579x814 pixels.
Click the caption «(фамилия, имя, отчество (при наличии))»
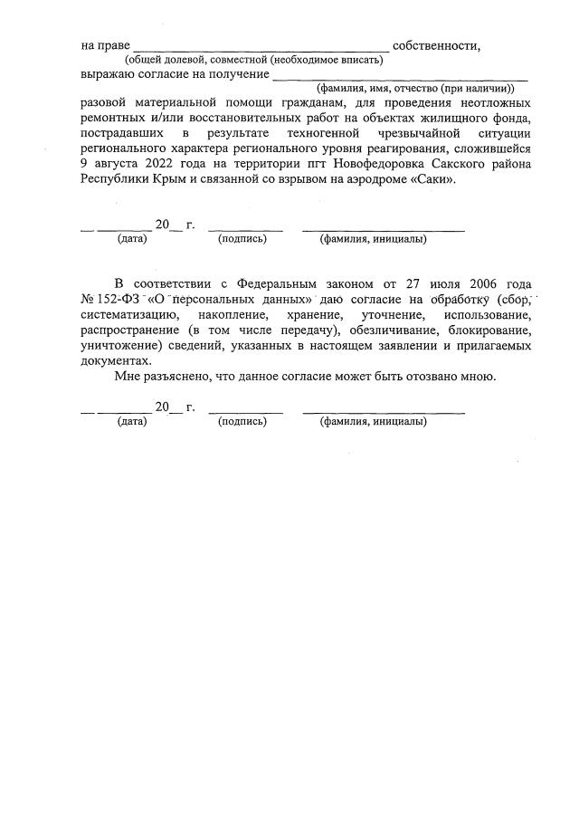[x=415, y=89]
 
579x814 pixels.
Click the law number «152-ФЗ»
[x=119, y=299]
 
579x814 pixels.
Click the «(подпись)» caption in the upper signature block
[x=242, y=239]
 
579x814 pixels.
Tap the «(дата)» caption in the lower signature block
[x=132, y=421]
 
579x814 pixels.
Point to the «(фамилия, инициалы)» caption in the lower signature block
[x=374, y=421]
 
